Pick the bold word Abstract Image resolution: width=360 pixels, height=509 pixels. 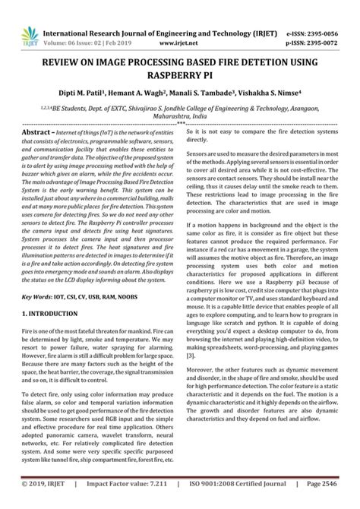[36, 132]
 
